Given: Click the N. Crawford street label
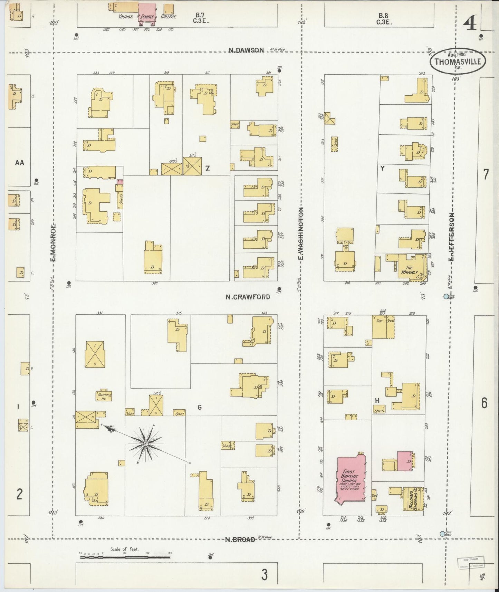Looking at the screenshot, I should [248, 297].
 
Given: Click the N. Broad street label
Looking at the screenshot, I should [240, 540].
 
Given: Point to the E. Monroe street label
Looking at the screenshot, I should [54, 242].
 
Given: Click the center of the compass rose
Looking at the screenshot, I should [146, 443].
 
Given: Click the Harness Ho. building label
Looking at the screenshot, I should [103, 396].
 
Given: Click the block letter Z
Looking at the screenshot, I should [208, 168].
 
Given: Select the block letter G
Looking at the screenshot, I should [199, 408].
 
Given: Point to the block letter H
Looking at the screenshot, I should [377, 400].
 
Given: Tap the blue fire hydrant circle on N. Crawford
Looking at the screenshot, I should [446, 296].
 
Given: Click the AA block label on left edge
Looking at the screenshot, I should [19, 162].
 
